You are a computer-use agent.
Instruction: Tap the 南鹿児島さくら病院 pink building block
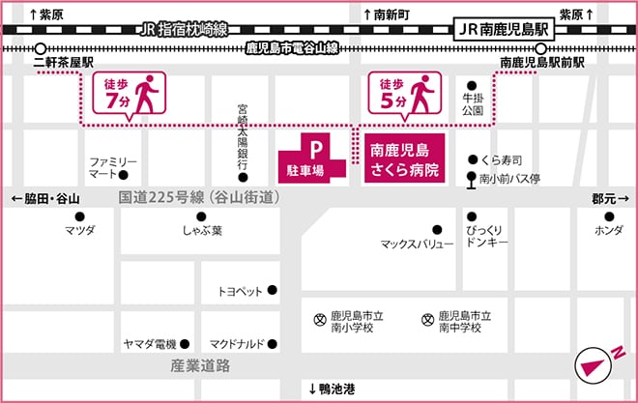click(x=405, y=159)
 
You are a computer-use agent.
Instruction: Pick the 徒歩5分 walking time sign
click(x=404, y=97)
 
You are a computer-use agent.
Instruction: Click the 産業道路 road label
click(x=200, y=366)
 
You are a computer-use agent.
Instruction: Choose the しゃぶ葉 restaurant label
click(x=203, y=231)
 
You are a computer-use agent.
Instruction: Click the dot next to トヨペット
click(x=273, y=290)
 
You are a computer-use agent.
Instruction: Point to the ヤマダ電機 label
click(x=150, y=343)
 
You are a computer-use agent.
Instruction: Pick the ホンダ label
click(x=608, y=231)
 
